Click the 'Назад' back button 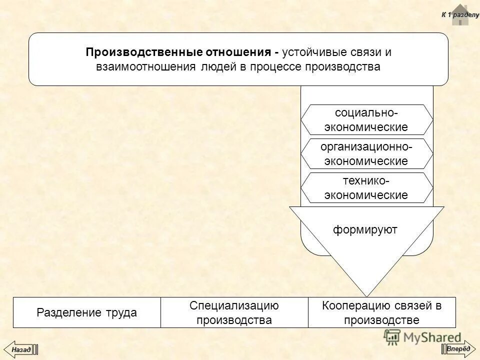tap(21, 349)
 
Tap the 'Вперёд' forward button tap(458, 348)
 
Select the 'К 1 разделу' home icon tap(460, 13)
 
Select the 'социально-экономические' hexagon tap(366, 119)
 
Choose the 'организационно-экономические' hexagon tap(366, 154)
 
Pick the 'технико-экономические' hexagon tap(366, 187)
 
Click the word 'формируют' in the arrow tap(365, 229)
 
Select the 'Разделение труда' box tap(86, 313)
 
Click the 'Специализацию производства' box tap(234, 313)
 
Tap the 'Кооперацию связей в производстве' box tap(382, 313)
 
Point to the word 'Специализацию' tap(234, 305)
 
